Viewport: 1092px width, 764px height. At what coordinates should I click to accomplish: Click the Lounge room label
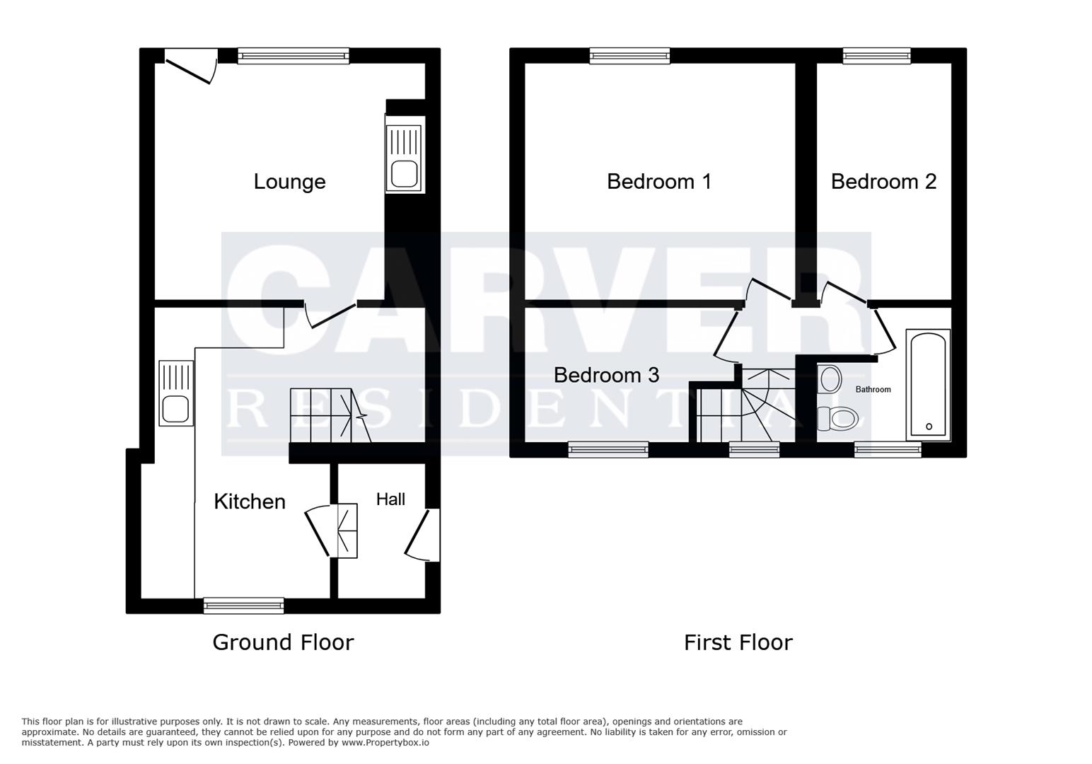(289, 182)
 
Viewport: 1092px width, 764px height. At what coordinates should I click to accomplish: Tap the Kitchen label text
(250, 502)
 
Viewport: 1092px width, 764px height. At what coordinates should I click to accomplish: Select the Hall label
(390, 499)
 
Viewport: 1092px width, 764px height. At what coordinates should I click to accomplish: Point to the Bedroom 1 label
(658, 182)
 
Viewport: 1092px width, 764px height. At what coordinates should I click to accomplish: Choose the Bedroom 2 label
(883, 182)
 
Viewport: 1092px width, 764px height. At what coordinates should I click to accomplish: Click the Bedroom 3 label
(606, 375)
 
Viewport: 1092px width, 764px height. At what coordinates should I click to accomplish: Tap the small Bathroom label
(873, 389)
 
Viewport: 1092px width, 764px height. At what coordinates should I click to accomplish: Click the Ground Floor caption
(283, 642)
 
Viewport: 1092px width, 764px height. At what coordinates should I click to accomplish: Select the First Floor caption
(738, 642)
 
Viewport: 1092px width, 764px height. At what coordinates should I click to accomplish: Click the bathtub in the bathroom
(928, 385)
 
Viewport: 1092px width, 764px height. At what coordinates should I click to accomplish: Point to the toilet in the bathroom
(838, 418)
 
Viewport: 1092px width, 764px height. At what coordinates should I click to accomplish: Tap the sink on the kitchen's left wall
(175, 393)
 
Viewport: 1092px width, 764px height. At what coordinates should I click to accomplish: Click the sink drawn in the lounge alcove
(404, 158)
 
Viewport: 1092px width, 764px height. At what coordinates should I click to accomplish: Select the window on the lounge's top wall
(293, 56)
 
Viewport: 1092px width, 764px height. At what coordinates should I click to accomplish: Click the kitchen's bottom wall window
(243, 605)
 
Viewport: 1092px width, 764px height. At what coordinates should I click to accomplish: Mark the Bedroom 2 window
(876, 56)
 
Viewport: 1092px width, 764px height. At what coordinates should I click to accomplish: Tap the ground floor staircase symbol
(330, 415)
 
